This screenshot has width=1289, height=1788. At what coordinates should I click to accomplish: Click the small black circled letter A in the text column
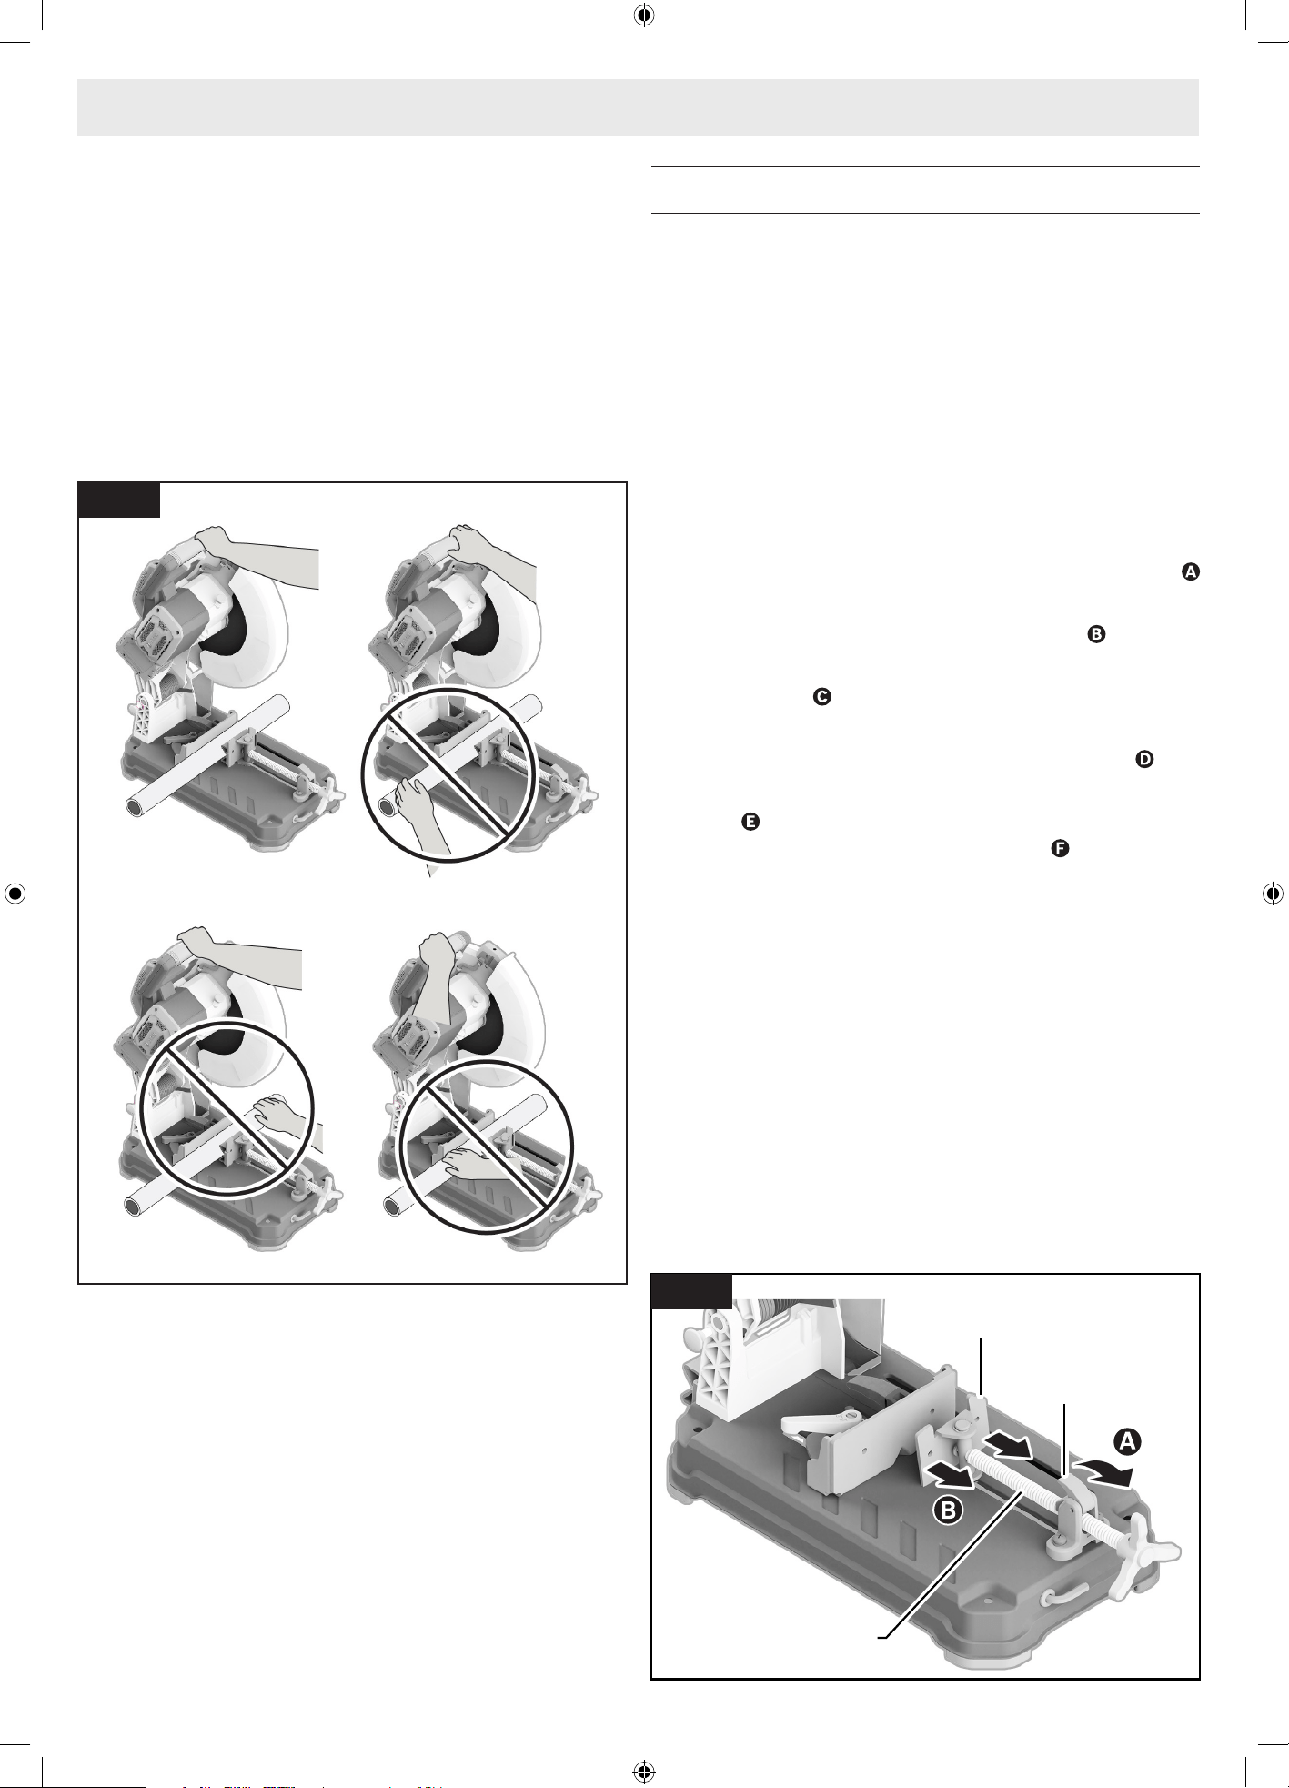pyautogui.click(x=1191, y=572)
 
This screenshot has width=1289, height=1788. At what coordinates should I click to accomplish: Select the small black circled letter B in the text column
pyautogui.click(x=1096, y=635)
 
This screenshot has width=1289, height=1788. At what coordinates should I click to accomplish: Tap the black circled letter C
pyautogui.click(x=821, y=697)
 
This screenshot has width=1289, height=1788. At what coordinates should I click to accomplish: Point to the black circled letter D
pyautogui.click(x=1144, y=759)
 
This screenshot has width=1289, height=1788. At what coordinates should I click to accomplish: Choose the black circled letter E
pyautogui.click(x=750, y=821)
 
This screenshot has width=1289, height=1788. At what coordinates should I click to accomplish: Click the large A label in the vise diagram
pyautogui.click(x=1126, y=1441)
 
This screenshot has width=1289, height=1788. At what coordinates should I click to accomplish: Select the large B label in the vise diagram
pyautogui.click(x=948, y=1511)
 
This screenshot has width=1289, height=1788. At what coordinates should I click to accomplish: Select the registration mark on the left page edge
pyautogui.click(x=15, y=894)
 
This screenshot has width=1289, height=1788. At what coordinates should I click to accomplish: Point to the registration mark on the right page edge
pyautogui.click(x=1274, y=894)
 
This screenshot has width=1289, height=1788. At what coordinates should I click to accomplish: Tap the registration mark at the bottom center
pyautogui.click(x=644, y=1772)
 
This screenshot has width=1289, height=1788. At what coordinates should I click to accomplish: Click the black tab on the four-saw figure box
pyautogui.click(x=119, y=500)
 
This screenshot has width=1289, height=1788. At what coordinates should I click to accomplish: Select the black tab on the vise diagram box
pyautogui.click(x=692, y=1291)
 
